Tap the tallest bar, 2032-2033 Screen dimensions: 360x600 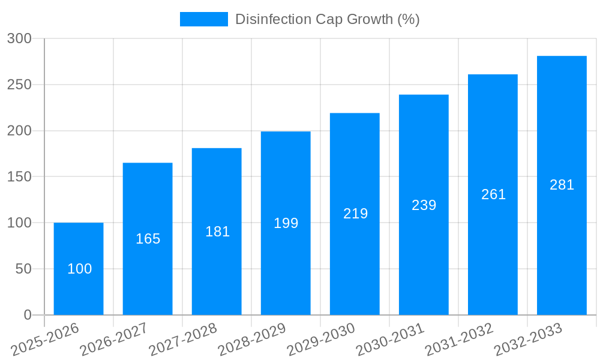point(562,240)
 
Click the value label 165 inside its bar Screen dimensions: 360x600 point(148,239)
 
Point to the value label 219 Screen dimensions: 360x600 point(355,214)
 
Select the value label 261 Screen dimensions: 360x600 point(493,194)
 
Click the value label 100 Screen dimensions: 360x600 point(79,269)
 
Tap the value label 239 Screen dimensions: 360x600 point(424,205)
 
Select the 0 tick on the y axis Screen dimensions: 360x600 point(28,315)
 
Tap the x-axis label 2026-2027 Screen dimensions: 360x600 point(114,340)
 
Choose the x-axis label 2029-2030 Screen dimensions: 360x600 point(321,340)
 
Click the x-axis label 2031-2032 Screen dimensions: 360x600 point(459,340)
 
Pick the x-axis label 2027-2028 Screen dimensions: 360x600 point(183,340)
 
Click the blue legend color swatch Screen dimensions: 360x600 point(204,19)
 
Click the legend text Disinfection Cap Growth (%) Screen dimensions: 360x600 point(327,19)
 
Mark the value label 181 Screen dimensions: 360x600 point(217,232)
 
